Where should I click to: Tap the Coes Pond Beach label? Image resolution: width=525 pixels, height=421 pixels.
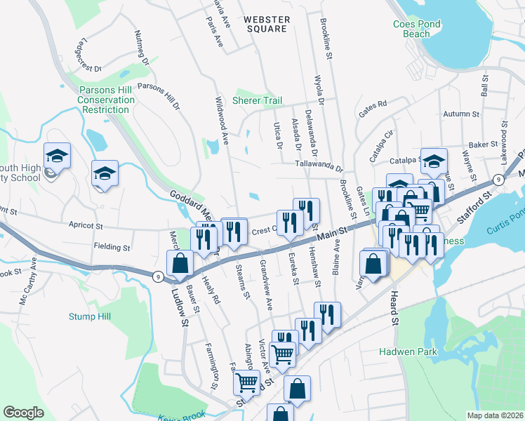click(417, 29)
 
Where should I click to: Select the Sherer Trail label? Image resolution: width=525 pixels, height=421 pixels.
click(258, 100)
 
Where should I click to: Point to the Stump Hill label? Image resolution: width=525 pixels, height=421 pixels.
click(90, 316)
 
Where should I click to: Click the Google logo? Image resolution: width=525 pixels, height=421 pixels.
click(24, 412)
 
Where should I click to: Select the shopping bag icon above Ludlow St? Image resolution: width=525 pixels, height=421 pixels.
click(180, 264)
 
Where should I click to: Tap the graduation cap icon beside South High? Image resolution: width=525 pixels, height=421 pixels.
click(58, 155)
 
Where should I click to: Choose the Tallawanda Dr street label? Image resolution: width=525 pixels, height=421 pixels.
click(319, 168)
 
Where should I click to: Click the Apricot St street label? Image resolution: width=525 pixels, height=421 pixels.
click(86, 227)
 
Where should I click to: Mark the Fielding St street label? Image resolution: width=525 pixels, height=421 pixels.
click(112, 248)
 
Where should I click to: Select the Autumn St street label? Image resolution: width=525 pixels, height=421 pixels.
click(461, 113)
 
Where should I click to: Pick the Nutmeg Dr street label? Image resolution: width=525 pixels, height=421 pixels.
click(141, 51)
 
